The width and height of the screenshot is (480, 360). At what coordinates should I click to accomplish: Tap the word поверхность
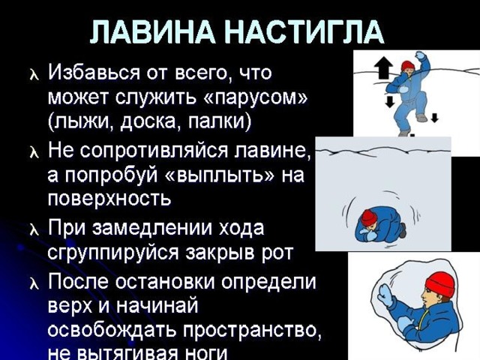[109, 199]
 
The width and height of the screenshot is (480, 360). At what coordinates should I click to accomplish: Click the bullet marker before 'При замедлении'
[34, 230]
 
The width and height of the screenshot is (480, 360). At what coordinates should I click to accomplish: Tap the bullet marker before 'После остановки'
[34, 283]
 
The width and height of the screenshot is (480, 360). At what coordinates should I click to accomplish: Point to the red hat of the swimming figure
[408, 65]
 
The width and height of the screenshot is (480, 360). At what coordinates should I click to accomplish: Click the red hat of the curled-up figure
[368, 217]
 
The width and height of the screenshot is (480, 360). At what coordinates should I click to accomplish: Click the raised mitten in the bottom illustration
[385, 295]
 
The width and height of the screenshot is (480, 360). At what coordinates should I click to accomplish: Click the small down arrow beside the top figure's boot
[435, 118]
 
